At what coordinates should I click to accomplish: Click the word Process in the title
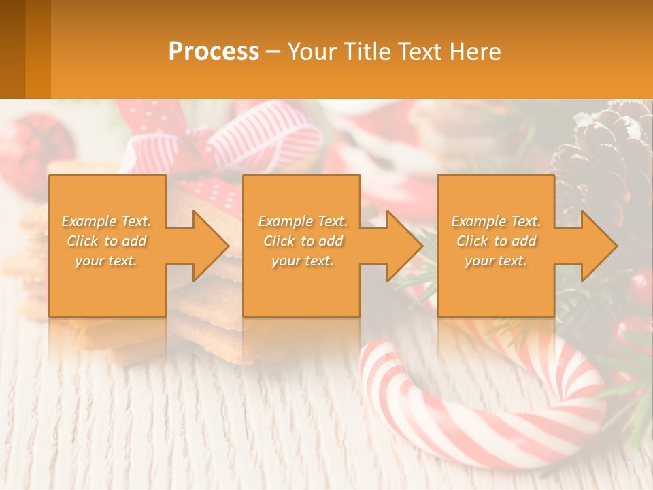click(x=214, y=52)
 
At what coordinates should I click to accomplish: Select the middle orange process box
click(x=301, y=286)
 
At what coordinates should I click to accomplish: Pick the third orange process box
click(x=495, y=286)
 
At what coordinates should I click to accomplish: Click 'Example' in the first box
click(x=89, y=221)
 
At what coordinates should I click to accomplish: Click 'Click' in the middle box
click(x=278, y=241)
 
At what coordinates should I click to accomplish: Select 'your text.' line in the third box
click(x=495, y=261)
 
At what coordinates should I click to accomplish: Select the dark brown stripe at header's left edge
click(x=12, y=49)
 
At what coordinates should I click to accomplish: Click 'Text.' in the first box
click(x=135, y=221)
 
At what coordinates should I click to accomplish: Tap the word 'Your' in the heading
click(x=310, y=52)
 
